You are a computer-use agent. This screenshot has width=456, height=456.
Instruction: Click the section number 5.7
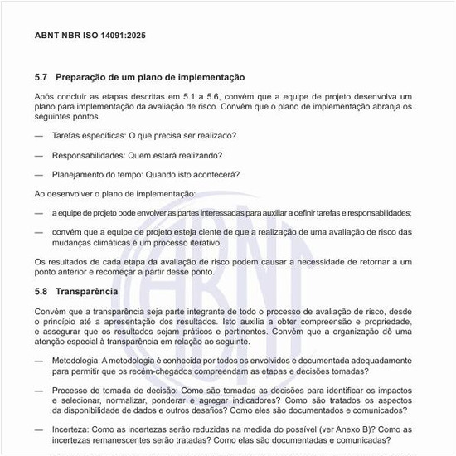[41, 77]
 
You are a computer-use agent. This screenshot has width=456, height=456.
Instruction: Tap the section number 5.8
[41, 292]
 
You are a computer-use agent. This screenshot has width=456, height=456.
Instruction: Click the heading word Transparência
[88, 292]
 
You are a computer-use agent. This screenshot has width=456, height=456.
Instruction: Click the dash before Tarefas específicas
[39, 134]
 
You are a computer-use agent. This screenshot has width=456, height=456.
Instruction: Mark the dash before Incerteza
[39, 429]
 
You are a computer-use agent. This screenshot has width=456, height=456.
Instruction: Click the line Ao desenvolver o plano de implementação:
[115, 193]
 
